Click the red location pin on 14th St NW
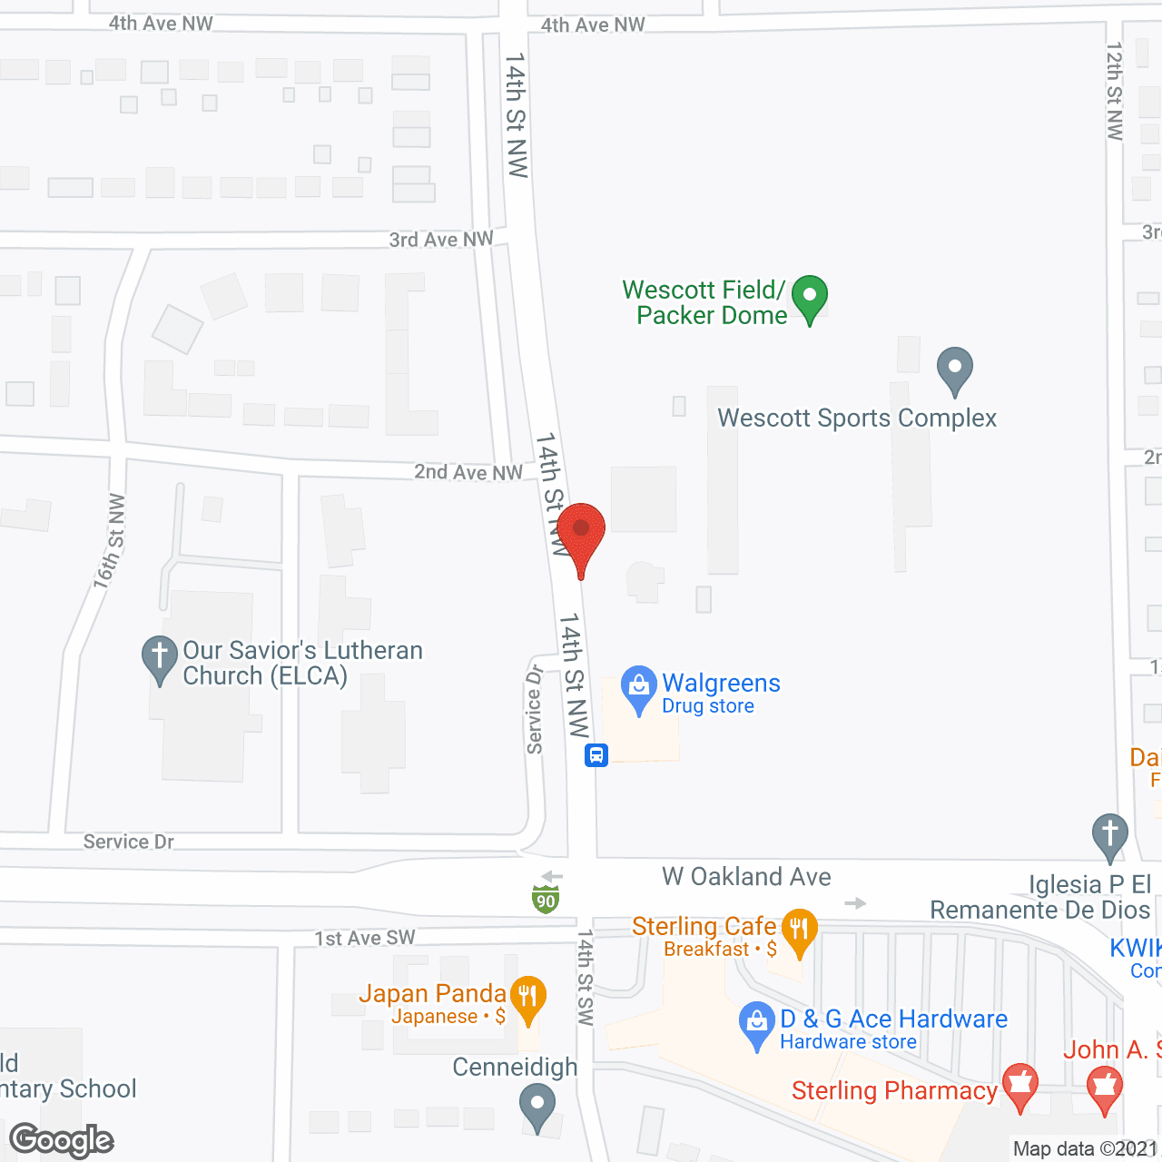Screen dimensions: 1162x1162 coord(581,532)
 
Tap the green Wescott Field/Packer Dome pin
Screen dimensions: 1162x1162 coord(809,297)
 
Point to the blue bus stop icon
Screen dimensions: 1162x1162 coord(596,754)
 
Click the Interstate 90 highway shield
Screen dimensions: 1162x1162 coord(546,900)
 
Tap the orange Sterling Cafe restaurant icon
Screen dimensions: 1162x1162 coord(799,930)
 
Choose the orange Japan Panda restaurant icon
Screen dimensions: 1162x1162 coord(527,997)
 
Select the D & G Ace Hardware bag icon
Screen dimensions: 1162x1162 coord(756,1022)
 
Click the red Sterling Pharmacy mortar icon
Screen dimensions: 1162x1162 coord(1019,1085)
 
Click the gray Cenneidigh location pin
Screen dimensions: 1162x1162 coord(537,1107)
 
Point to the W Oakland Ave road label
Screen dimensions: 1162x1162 coord(746,877)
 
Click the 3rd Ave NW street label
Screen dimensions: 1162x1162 coord(441,240)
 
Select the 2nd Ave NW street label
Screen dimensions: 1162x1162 coord(468,472)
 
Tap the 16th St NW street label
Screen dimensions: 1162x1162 coord(109,542)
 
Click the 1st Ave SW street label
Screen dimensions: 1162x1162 coord(365,938)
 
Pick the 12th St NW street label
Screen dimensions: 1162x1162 coord(1115,91)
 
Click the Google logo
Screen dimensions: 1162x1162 coord(62,1140)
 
